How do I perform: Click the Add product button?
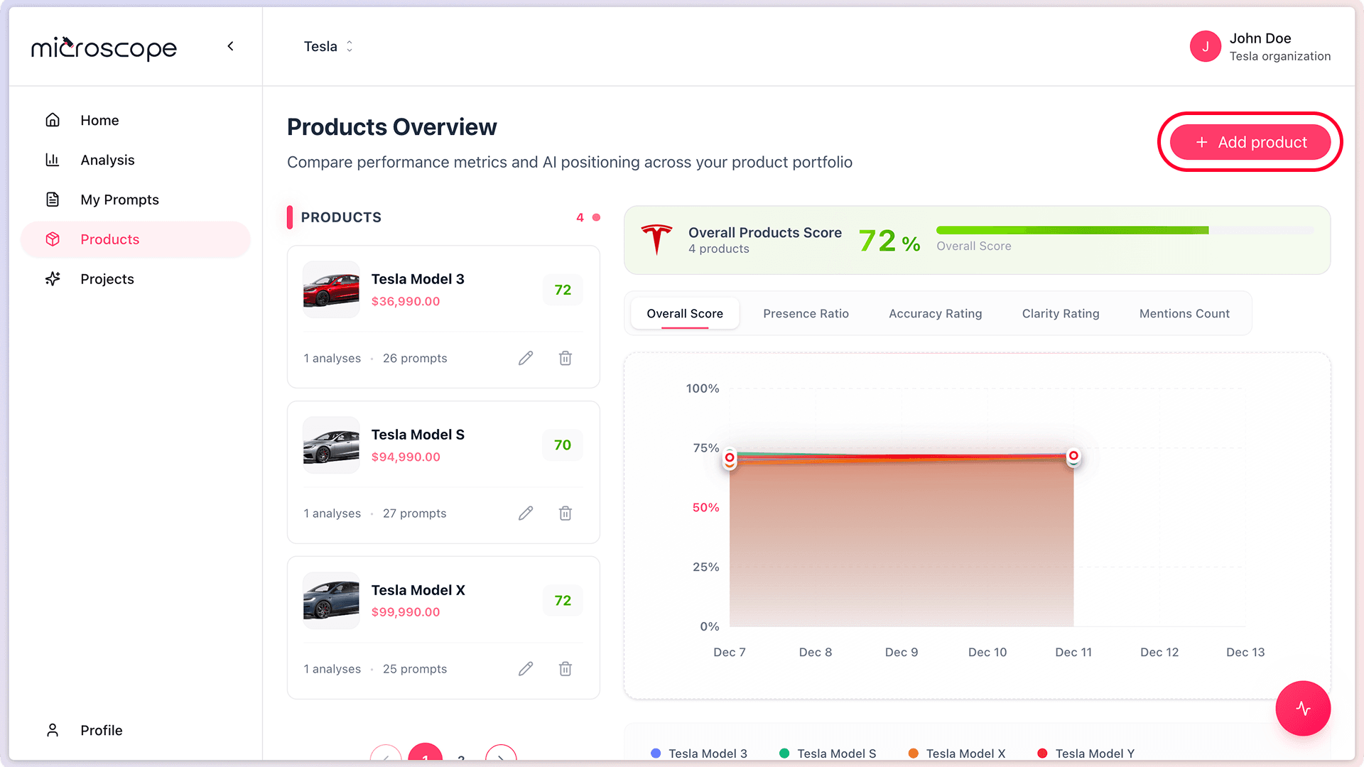click(1250, 142)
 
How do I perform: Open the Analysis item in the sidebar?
click(107, 160)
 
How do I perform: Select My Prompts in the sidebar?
click(119, 200)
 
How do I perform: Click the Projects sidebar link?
click(107, 279)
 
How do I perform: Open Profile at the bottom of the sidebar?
click(101, 730)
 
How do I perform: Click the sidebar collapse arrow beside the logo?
click(230, 46)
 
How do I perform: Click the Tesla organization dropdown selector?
click(328, 46)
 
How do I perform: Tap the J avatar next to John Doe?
click(1205, 46)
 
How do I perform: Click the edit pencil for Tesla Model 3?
click(526, 358)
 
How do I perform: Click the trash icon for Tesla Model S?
click(565, 513)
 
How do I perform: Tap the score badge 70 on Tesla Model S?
click(563, 445)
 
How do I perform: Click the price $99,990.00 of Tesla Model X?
click(406, 612)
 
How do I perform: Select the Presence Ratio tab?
click(806, 313)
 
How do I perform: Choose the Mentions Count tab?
click(1184, 313)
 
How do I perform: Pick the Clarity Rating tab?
click(1060, 313)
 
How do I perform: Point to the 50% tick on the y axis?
click(705, 507)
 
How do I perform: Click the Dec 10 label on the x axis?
click(987, 652)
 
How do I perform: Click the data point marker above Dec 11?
click(1073, 456)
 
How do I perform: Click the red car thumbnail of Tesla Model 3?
click(331, 290)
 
